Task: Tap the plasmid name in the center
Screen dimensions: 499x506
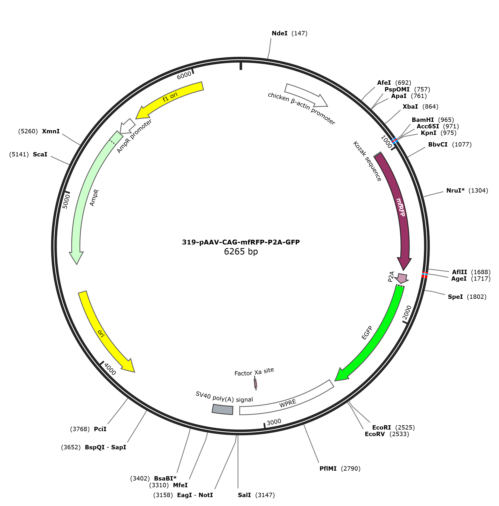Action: point(241,242)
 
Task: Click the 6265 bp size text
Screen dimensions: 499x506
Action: point(241,251)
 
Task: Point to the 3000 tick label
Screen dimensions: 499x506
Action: point(274,422)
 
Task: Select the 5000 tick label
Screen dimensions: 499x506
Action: point(67,201)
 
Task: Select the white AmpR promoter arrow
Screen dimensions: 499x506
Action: point(127,125)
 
